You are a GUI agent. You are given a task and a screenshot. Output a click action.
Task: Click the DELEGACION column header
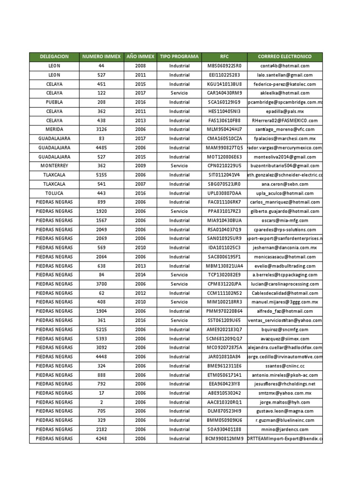[54, 57]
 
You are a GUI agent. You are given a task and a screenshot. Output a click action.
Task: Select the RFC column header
[224, 57]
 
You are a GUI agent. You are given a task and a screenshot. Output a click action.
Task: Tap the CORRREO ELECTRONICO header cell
[285, 57]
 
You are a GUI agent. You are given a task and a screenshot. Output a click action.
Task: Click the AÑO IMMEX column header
[140, 57]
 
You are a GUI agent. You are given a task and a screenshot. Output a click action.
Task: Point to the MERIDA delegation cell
[54, 129]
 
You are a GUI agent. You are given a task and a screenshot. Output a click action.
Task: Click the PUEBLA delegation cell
[54, 102]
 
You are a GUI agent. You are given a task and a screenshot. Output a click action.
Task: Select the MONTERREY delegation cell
[54, 166]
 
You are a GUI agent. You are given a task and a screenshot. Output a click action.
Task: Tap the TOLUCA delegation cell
[54, 193]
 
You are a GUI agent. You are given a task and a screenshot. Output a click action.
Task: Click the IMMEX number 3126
[102, 129]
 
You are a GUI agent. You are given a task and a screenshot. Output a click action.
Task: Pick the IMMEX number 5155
[102, 175]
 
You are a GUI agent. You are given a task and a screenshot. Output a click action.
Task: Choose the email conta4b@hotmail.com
[285, 66]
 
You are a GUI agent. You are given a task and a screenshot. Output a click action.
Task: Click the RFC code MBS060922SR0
[224, 66]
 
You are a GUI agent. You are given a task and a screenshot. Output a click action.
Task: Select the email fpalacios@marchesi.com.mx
[285, 139]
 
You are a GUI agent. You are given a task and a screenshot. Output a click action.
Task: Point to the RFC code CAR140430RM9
[224, 93]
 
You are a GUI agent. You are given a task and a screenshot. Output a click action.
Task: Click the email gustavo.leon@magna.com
[285, 411]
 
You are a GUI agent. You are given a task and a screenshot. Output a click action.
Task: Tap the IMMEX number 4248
[102, 439]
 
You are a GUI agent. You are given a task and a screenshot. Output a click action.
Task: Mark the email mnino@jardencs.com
[285, 429]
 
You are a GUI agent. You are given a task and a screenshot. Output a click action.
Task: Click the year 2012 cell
[140, 293]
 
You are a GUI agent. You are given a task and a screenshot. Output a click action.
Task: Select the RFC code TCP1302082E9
[224, 275]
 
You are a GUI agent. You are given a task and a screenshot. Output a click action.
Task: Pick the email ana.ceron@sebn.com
[285, 184]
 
